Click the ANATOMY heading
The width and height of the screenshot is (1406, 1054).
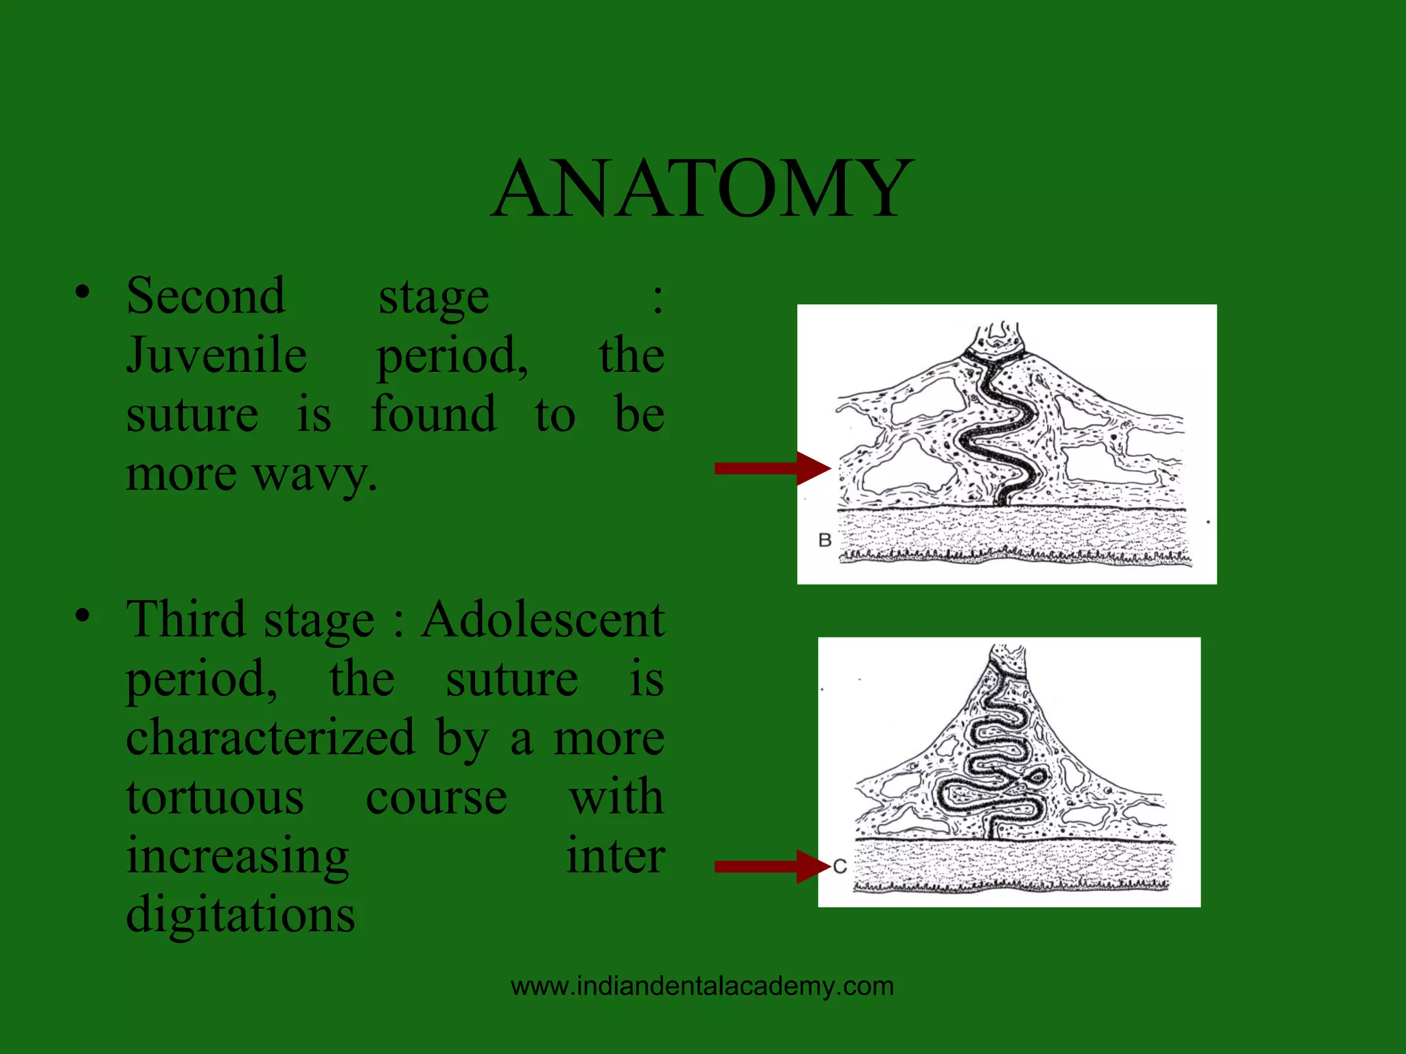coord(702,189)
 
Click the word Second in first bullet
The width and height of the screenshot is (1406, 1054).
coord(205,296)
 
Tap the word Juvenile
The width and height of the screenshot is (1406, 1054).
coord(216,355)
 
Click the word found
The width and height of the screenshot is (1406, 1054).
coord(433,414)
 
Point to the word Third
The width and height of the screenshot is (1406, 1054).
coord(185,620)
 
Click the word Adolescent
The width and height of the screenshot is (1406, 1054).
coord(542,620)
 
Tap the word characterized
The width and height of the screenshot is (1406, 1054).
coord(270,738)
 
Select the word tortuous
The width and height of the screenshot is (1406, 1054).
coord(215,797)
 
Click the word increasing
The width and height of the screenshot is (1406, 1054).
coord(238,857)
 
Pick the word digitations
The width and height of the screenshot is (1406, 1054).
coord(240,915)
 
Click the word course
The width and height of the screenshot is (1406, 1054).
coord(436,797)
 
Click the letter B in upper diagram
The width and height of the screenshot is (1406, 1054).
coord(825,540)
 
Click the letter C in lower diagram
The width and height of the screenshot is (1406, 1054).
coord(840,867)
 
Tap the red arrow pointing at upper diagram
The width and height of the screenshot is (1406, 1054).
coord(772,469)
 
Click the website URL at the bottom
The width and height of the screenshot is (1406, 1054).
coord(702,986)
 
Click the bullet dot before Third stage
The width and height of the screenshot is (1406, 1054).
coord(82,616)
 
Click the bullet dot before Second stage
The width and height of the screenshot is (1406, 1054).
coord(82,292)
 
